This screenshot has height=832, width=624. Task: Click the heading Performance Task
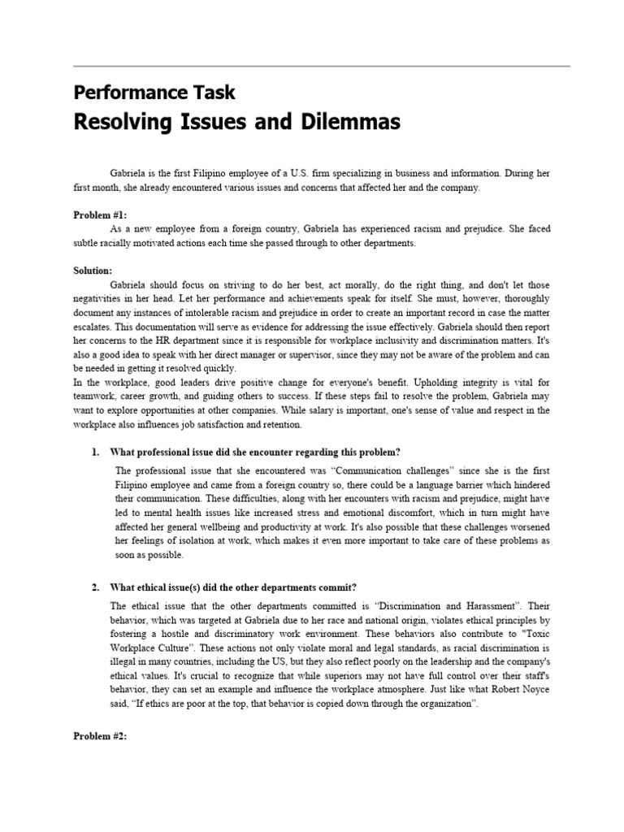(x=154, y=92)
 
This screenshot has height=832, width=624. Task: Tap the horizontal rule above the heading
(x=322, y=66)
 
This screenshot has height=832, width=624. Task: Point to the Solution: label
(x=93, y=269)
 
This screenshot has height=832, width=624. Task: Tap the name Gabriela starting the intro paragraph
(x=128, y=173)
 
